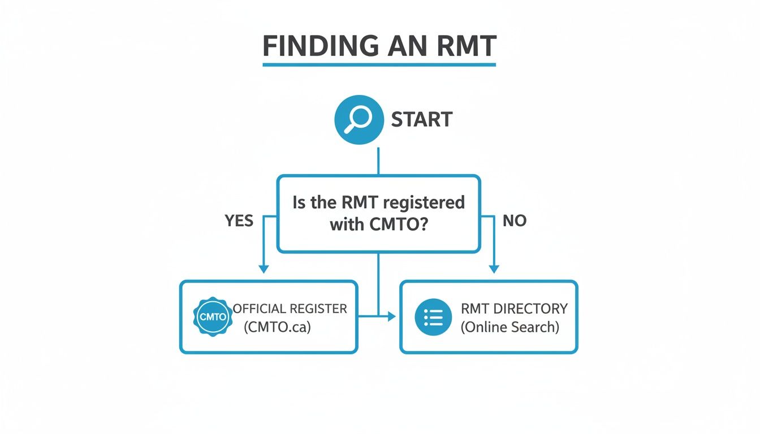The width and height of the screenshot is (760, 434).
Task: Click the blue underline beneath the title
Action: pyautogui.click(x=379, y=64)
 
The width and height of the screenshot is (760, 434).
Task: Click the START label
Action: pyautogui.click(x=422, y=120)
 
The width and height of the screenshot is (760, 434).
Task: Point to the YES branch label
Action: pyautogui.click(x=239, y=220)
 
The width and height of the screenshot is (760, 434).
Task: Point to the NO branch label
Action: pyautogui.click(x=515, y=220)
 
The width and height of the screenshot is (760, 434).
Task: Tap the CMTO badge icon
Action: pyautogui.click(x=213, y=317)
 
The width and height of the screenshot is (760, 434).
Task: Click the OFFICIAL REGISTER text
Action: pyautogui.click(x=290, y=309)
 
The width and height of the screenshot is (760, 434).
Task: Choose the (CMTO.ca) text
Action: pyautogui.click(x=277, y=327)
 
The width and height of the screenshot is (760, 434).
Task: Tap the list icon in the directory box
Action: pyautogui.click(x=433, y=318)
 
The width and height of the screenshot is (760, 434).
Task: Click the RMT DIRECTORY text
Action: pyautogui.click(x=514, y=309)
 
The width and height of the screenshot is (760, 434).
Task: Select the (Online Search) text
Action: pyautogui.click(x=509, y=327)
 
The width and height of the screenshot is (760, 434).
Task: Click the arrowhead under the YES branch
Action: pyautogui.click(x=262, y=269)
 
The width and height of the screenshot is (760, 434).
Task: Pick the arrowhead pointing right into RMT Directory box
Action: pyautogui.click(x=391, y=317)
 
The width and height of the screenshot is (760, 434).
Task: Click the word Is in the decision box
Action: pyautogui.click(x=299, y=202)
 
